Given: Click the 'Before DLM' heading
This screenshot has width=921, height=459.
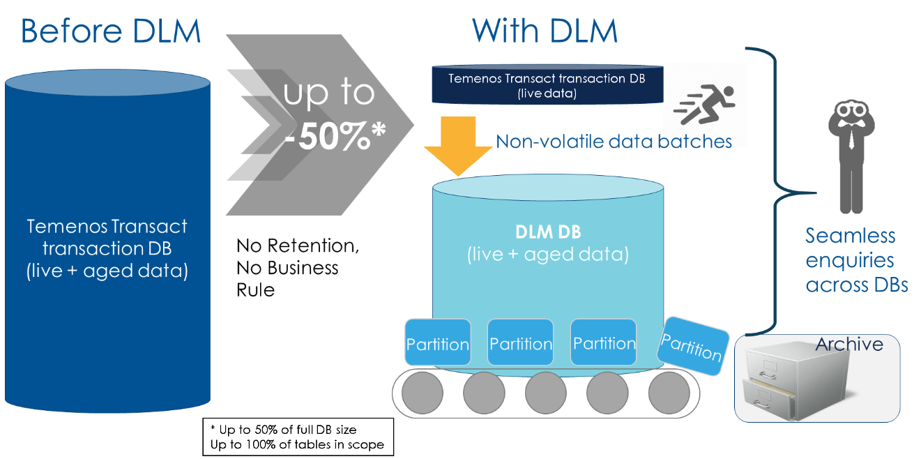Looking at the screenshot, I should point(111,31).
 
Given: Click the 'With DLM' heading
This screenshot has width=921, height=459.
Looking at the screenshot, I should point(545,31).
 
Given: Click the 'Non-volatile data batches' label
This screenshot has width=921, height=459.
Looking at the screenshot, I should point(614,142).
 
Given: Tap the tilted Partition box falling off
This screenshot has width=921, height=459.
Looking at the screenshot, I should point(691,343).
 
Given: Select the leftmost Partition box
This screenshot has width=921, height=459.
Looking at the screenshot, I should point(437,343).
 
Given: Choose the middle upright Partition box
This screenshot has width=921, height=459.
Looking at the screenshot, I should point(520,343).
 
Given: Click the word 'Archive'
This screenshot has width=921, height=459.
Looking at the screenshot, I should point(848,344).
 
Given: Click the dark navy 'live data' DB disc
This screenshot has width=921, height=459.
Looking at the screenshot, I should point(547,85).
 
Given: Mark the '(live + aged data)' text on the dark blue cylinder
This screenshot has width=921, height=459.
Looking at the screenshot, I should point(107,271).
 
